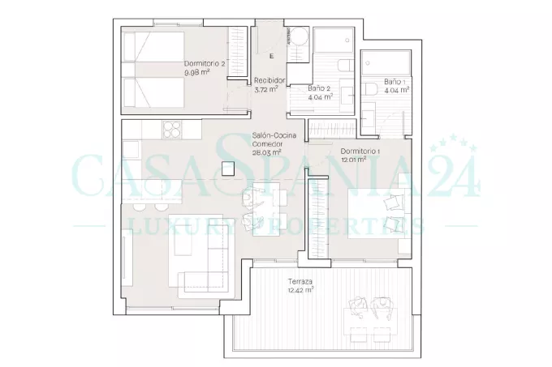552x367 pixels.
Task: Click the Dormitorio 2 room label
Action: coord(205,64)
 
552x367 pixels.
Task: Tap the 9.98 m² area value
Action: coord(197,73)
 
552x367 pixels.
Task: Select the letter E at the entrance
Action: coord(271,56)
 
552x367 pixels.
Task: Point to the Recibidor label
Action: coord(270,80)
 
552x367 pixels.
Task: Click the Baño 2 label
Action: coord(319,88)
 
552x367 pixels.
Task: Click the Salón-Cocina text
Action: coord(274,135)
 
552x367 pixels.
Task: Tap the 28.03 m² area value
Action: coord(266,152)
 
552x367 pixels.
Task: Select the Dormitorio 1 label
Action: coord(360,151)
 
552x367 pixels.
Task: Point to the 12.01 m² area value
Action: coord(354,160)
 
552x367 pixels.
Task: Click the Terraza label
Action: coord(300,281)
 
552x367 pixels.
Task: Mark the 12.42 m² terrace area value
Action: coord(301,290)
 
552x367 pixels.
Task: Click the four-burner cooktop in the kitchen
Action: coord(172,130)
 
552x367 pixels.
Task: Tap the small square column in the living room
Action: coord(228,169)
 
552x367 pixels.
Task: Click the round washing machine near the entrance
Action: coord(298,36)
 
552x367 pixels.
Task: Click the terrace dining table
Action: coord(371,321)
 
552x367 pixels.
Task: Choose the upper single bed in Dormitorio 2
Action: coord(154,48)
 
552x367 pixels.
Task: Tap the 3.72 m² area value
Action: coord(266,90)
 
